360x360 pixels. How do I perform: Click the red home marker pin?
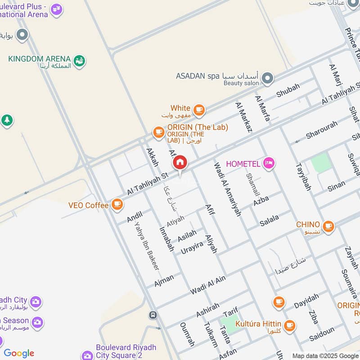click(180, 162)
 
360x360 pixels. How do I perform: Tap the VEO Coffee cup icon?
click(117, 205)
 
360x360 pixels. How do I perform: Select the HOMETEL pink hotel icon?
click(269, 163)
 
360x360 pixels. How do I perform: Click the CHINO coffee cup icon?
click(328, 226)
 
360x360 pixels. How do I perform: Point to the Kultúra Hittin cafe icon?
click(289, 325)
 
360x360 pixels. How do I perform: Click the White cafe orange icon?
click(199, 109)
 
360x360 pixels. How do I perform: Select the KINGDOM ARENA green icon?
click(80, 60)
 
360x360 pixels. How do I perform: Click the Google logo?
click(19, 353)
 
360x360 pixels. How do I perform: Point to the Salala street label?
click(269, 220)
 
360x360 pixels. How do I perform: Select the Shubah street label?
click(288, 91)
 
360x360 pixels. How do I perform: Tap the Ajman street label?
click(164, 280)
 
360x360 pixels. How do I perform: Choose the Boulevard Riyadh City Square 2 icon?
click(88, 355)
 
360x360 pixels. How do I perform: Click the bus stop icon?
click(153, 315)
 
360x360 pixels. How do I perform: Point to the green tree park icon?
click(6, 121)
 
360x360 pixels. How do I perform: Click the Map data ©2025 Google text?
click(325, 355)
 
